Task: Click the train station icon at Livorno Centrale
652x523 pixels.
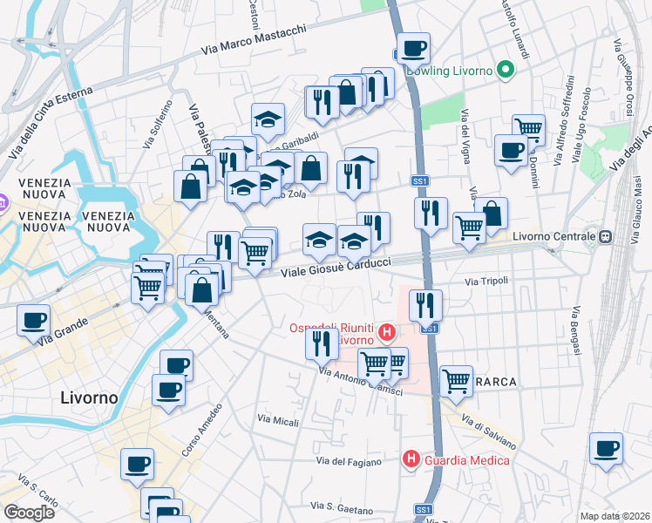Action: (x=603, y=236)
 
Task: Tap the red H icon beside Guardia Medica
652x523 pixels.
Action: (x=410, y=458)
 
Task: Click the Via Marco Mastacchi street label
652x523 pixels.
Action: (x=254, y=41)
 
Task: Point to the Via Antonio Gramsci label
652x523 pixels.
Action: (x=360, y=383)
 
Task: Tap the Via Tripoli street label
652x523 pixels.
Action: (x=486, y=282)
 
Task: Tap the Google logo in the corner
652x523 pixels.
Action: (x=29, y=513)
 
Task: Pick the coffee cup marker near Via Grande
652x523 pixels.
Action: (x=34, y=321)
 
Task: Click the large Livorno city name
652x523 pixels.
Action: (x=90, y=397)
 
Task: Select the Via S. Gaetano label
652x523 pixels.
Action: (x=344, y=508)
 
